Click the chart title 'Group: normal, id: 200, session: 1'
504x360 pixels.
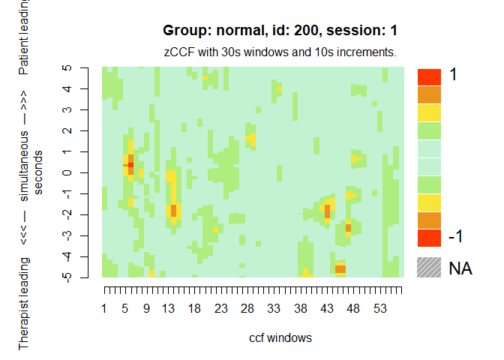[x=280, y=31]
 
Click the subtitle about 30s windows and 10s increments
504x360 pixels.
[x=280, y=52]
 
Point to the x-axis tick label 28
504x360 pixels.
[x=247, y=308]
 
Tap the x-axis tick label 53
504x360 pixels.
[x=379, y=308]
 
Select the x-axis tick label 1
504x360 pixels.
[x=103, y=308]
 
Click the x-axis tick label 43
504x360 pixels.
[x=326, y=308]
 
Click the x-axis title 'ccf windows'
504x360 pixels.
[x=280, y=337]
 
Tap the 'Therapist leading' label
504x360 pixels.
[x=24, y=304]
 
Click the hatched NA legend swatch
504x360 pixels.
[x=429, y=268]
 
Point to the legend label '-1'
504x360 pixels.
[x=455, y=236]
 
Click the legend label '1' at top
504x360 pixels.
[x=453, y=75]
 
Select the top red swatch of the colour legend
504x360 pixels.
[x=429, y=76]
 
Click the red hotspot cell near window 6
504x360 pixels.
[x=130, y=164]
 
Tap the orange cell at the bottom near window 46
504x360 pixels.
[x=340, y=268]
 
